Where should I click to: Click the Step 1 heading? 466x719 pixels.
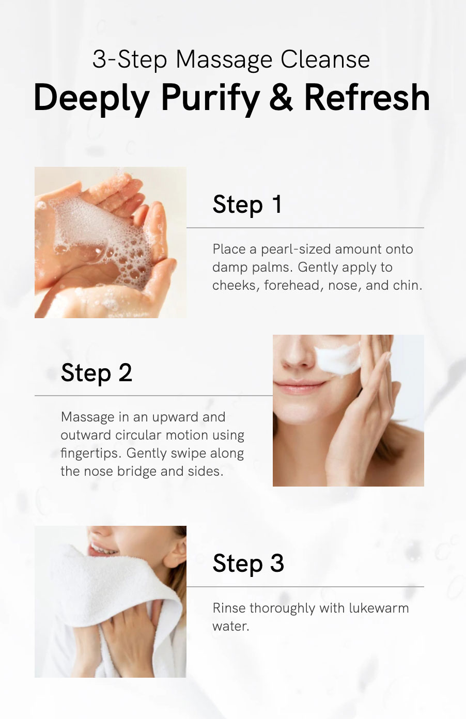click(x=247, y=205)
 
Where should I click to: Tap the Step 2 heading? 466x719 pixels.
click(x=96, y=372)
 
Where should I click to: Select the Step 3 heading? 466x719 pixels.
click(x=248, y=563)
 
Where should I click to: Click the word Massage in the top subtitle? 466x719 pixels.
click(x=224, y=60)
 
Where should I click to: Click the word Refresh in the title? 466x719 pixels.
click(x=367, y=97)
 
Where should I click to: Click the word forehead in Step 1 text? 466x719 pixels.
click(x=293, y=285)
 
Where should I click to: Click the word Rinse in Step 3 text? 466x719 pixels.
click(x=229, y=608)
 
